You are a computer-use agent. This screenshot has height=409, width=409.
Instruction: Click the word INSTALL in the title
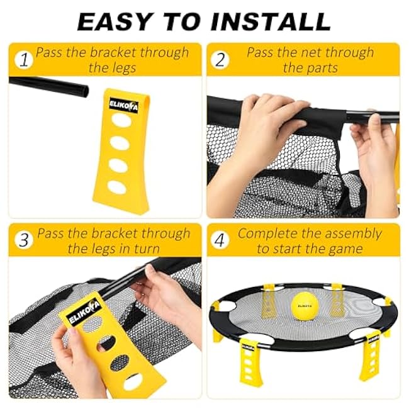pyautogui.click(x=271, y=21)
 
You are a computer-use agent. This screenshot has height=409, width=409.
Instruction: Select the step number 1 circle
pyautogui.click(x=24, y=60)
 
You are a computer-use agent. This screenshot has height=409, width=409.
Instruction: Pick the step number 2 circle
pyautogui.click(x=220, y=60)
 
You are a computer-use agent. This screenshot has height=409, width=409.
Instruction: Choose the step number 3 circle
pyautogui.click(x=24, y=240)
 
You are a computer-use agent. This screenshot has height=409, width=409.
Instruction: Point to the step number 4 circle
pyautogui.click(x=220, y=240)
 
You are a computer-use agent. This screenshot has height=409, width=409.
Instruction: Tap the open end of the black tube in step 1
pyautogui.click(x=86, y=91)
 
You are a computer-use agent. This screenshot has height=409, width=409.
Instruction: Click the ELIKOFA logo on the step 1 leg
pyautogui.click(x=123, y=106)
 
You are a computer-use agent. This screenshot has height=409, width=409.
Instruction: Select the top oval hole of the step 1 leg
pyautogui.click(x=121, y=120)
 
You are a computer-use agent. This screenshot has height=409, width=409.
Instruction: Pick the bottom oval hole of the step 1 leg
pyautogui.click(x=118, y=187)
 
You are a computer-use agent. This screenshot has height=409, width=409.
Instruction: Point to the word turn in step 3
pyautogui.click(x=147, y=249)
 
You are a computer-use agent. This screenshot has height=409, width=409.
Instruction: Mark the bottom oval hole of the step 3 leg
pyautogui.click(x=133, y=381)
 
